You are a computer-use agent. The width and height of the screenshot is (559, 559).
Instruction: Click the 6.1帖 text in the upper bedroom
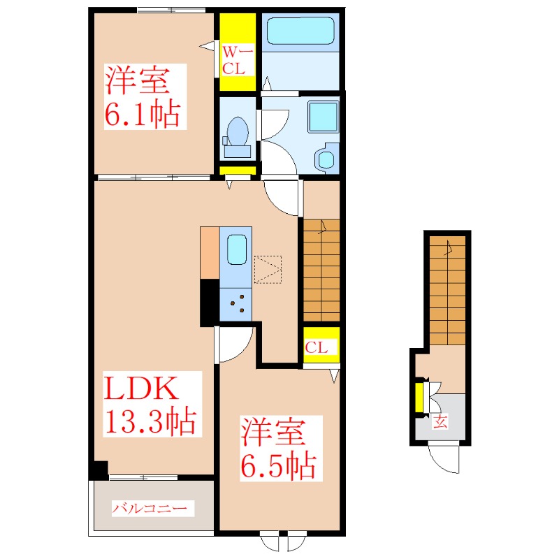click(x=143, y=114)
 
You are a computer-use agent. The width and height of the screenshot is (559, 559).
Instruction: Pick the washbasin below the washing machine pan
click(x=326, y=158)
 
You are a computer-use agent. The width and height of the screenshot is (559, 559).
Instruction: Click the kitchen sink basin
click(x=236, y=250)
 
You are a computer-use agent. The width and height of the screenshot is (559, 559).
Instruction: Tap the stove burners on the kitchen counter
click(x=236, y=303)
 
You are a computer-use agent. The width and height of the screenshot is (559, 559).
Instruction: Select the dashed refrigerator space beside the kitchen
click(x=268, y=269)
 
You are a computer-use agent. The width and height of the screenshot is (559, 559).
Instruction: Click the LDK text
click(x=143, y=389)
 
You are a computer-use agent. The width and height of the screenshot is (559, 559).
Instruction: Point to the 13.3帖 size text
click(x=149, y=421)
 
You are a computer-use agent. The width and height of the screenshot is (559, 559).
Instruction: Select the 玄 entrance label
click(x=440, y=421)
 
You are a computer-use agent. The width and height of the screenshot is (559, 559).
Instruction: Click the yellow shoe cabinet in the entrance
click(x=419, y=397)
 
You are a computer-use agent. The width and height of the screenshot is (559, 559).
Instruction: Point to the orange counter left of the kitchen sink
click(x=209, y=252)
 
